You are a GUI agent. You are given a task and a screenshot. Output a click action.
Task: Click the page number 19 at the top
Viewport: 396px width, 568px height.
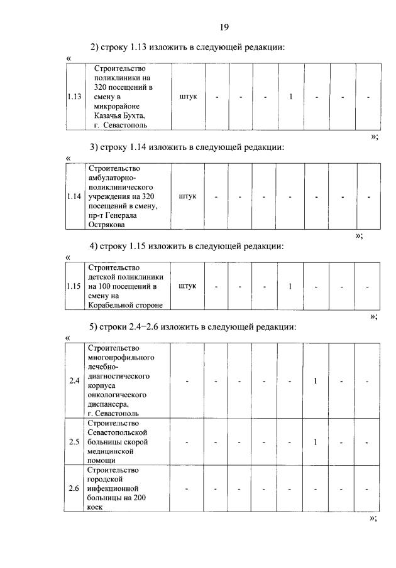[224, 27]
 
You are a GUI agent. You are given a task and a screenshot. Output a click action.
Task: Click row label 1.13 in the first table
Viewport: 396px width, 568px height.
[74, 97]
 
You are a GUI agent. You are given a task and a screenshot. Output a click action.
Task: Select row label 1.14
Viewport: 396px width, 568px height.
[74, 196]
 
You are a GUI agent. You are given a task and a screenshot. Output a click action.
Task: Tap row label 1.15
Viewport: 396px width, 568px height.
[74, 286]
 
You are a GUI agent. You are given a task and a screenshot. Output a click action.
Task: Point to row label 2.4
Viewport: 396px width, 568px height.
[74, 381]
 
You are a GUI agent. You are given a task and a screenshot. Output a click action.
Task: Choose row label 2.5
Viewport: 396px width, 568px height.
[74, 442]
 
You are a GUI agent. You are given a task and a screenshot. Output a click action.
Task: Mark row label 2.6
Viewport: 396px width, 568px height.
[74, 488]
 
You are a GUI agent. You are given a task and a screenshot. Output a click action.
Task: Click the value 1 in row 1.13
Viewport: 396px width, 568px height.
[291, 97]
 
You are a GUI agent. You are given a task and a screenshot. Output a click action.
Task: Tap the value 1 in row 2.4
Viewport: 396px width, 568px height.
[315, 381]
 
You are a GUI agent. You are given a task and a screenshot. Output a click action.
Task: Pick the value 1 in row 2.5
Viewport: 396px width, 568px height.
[315, 442]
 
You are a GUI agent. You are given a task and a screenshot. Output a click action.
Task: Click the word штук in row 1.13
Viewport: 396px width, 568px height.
[188, 97]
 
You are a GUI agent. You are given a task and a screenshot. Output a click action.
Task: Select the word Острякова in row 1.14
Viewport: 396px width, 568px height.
[107, 223]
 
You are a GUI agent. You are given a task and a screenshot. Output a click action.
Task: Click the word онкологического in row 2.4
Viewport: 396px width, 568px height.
[118, 395]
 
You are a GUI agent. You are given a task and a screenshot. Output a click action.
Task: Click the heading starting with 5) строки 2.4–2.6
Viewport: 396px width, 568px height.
[189, 326]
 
